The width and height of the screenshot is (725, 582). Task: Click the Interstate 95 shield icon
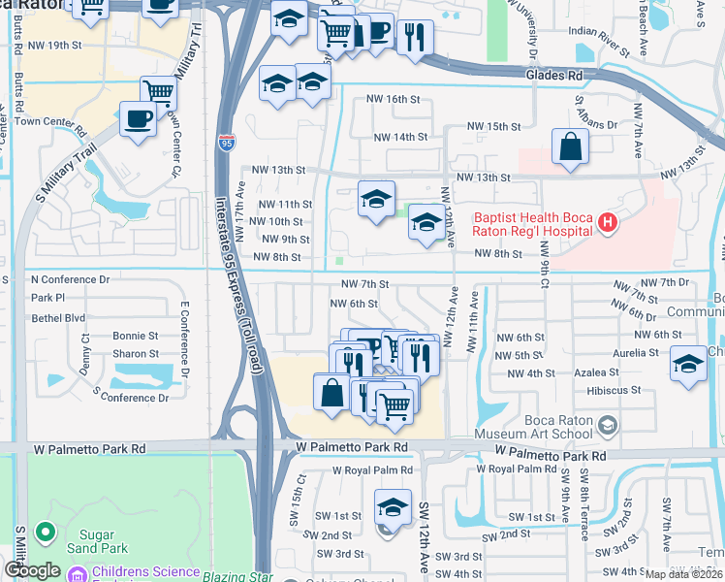(226, 142)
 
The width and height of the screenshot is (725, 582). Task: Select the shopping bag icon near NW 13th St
(570, 147)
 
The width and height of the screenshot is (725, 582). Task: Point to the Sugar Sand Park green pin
(43, 532)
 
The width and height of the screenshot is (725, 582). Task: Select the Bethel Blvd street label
(58, 317)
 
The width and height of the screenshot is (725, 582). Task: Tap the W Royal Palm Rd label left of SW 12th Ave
(372, 470)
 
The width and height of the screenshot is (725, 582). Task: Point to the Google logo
(33, 571)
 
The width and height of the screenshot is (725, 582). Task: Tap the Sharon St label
(135, 354)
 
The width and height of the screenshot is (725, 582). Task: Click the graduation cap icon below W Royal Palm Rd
(392, 506)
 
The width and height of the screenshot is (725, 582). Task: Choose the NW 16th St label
(393, 99)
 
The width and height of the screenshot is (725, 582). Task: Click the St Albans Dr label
(595, 124)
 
